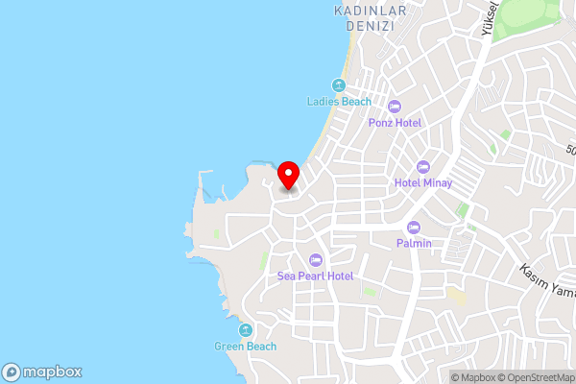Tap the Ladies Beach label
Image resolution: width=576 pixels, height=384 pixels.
point(339,102)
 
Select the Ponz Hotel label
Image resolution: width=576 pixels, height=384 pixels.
point(395,123)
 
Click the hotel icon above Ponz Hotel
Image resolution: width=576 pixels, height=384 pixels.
point(395,106)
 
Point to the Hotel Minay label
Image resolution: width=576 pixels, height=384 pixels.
point(423,182)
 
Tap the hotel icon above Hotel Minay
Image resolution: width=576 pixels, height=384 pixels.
point(423,165)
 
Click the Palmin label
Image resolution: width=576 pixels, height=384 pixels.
point(415,244)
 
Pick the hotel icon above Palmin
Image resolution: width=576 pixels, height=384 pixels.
point(415,227)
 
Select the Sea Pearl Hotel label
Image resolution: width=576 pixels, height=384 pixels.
point(316,276)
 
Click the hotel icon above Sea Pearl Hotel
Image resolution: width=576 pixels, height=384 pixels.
point(316,258)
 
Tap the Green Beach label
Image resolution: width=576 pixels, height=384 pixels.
point(246,347)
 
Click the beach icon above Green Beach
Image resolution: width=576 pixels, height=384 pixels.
point(246,329)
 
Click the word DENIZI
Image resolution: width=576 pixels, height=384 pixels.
point(366,26)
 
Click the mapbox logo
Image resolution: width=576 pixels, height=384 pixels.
point(42,372)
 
